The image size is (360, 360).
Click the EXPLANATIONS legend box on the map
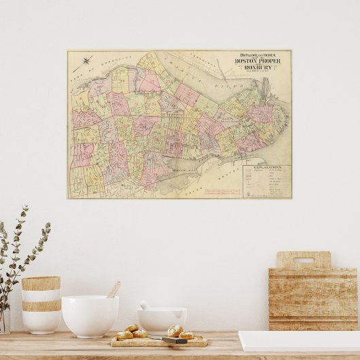point(266,182)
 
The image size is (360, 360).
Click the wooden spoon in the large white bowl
point(113,290)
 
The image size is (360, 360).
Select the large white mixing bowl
point(90,316)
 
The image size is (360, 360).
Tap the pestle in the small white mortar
point(145,305)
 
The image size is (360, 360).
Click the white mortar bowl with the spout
point(162,320)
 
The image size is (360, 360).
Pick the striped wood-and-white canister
point(41,304)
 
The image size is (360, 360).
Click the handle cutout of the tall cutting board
point(303,259)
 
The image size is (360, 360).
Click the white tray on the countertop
point(299,340)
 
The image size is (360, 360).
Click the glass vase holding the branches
point(5,319)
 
